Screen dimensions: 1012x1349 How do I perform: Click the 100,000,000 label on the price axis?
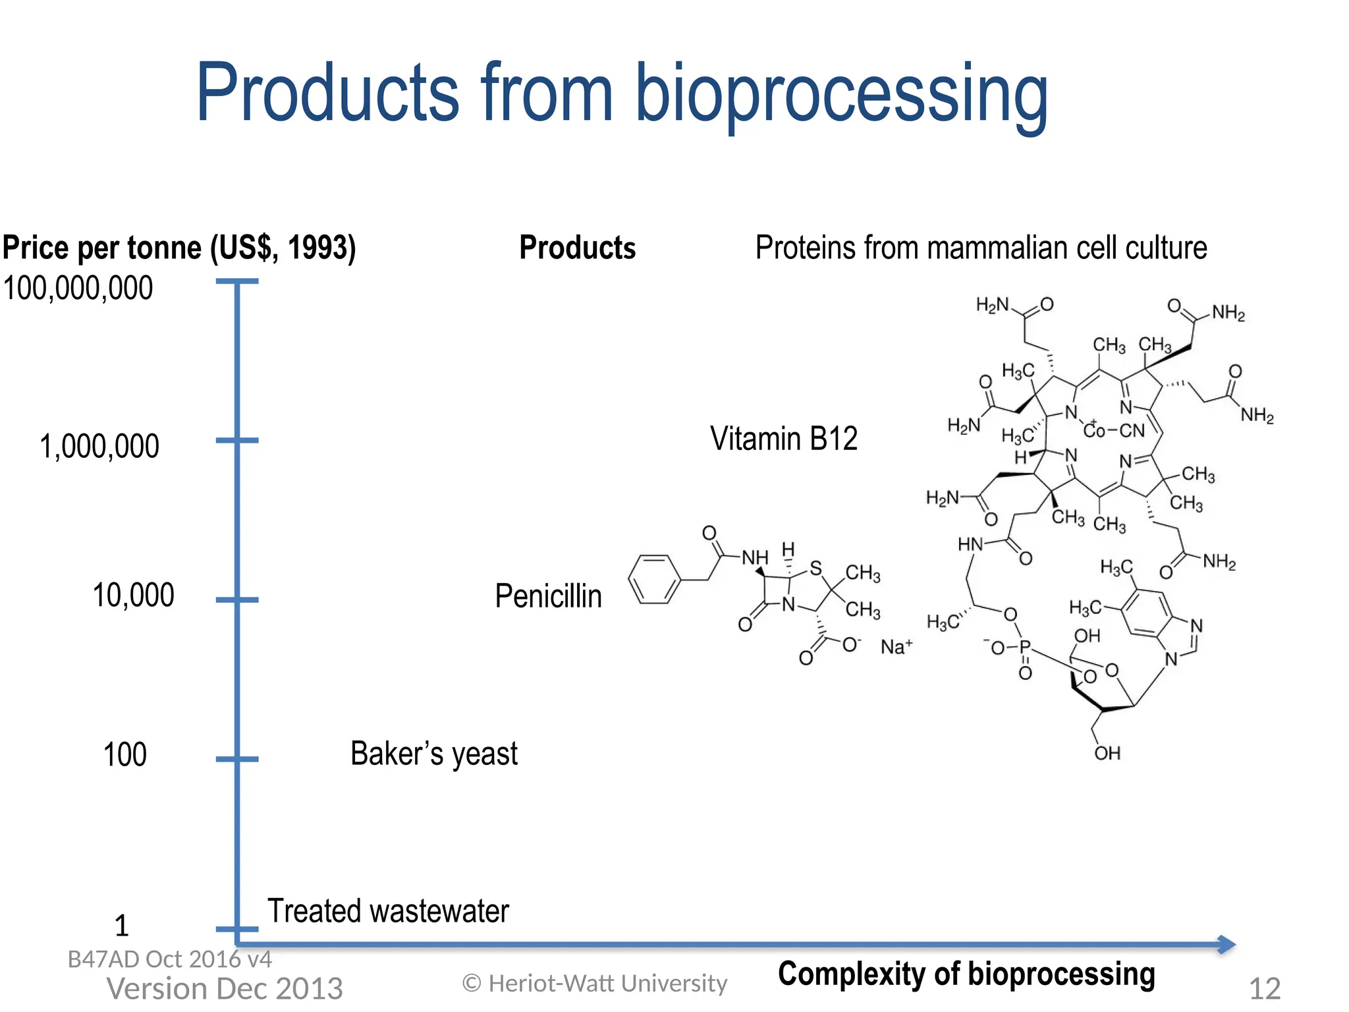pyautogui.click(x=78, y=289)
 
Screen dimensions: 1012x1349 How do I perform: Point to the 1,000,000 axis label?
pyautogui.click(x=99, y=447)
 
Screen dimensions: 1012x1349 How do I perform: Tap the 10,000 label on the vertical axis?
pyautogui.click(x=133, y=596)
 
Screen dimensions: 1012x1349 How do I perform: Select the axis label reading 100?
pyautogui.click(x=125, y=754)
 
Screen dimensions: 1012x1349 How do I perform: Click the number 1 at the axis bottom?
pyautogui.click(x=122, y=926)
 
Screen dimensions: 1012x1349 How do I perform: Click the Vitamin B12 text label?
pyautogui.click(x=783, y=439)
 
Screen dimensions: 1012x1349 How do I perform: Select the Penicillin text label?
pyautogui.click(x=548, y=596)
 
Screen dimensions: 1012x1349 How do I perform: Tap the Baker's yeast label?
pyautogui.click(x=433, y=754)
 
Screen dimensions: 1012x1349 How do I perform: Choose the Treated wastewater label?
pyautogui.click(x=388, y=911)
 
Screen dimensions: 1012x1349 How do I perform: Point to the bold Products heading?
pyautogui.click(x=577, y=248)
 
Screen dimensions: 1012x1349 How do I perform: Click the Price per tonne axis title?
pyautogui.click(x=179, y=248)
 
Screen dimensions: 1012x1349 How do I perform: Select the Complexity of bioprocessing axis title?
pyautogui.click(x=966, y=974)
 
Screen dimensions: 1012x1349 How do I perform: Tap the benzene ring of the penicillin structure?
pyautogui.click(x=653, y=579)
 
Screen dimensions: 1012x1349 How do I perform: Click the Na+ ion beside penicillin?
pyautogui.click(x=896, y=646)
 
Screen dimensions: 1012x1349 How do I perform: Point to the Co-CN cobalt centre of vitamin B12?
pyautogui.click(x=1113, y=431)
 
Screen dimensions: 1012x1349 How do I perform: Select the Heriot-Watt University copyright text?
pyautogui.click(x=595, y=984)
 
